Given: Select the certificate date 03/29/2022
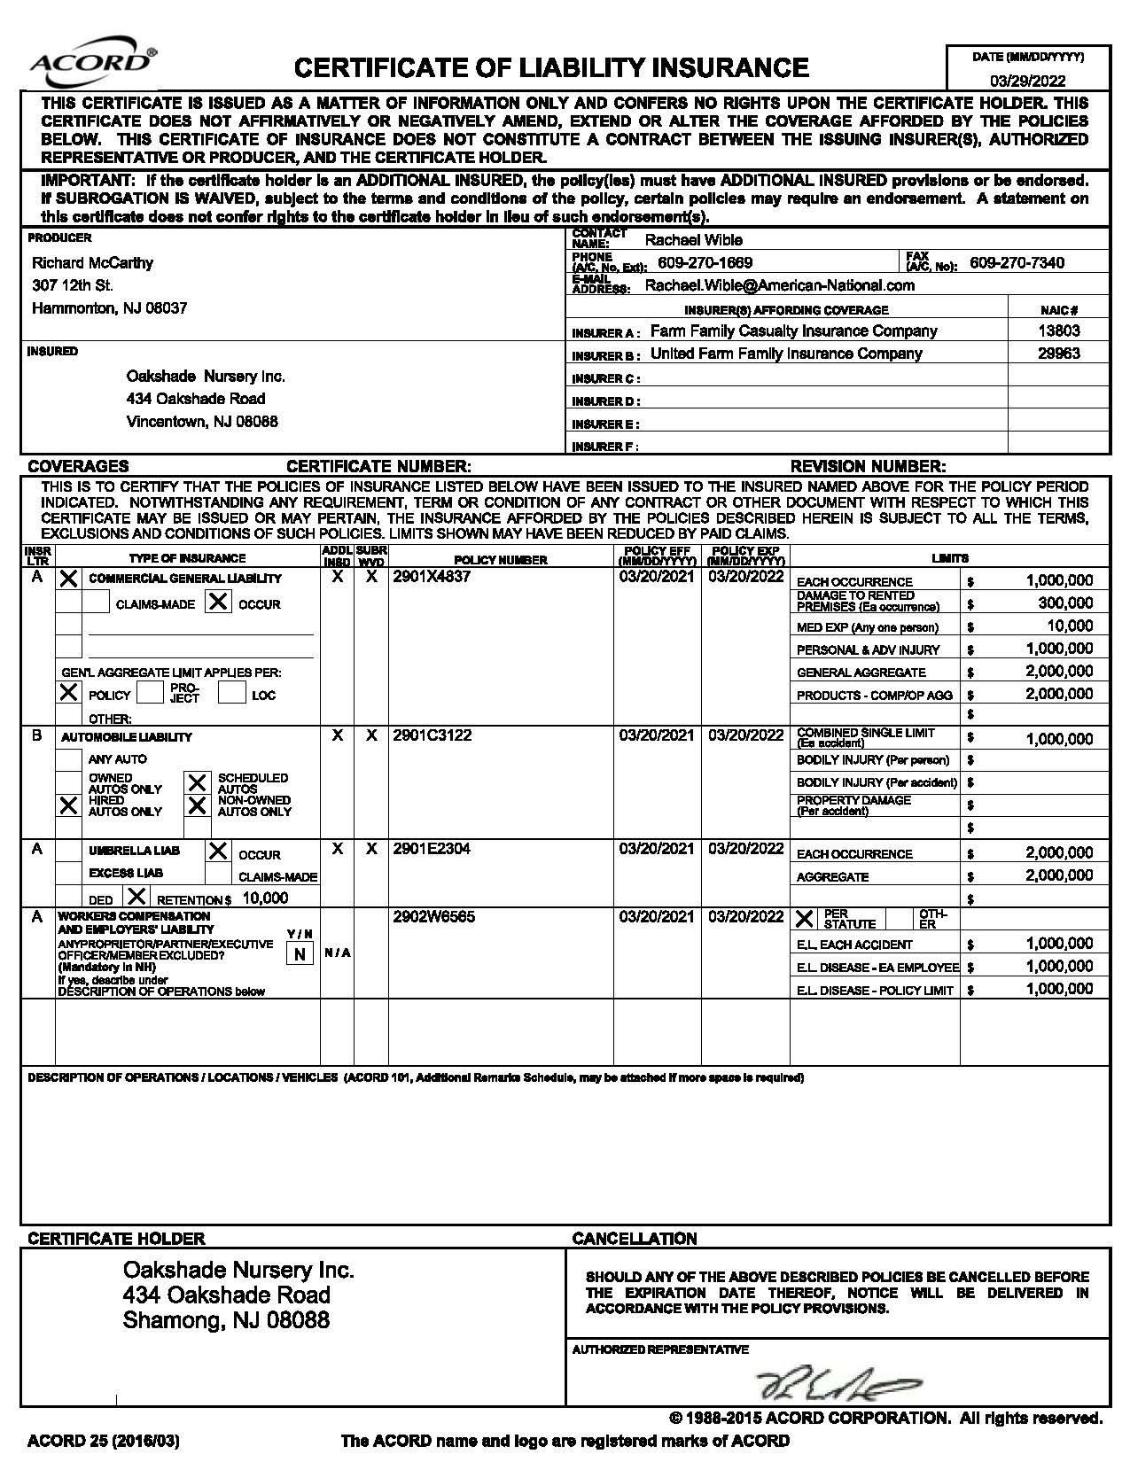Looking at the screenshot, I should click(x=1028, y=81).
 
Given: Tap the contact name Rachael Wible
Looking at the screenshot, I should click(x=693, y=240).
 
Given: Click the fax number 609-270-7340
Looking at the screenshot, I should click(x=1017, y=262).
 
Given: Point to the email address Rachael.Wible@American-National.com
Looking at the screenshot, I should click(x=779, y=285).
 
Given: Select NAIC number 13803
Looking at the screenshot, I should click(x=1059, y=331).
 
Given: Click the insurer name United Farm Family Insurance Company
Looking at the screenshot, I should click(x=786, y=354).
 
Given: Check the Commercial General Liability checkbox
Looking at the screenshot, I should click(x=68, y=579).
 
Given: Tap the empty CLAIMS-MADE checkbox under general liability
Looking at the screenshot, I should click(x=96, y=603).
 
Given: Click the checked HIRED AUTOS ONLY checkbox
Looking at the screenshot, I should click(x=68, y=805).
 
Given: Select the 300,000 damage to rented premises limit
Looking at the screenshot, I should click(x=1065, y=603).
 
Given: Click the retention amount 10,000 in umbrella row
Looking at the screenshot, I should click(x=265, y=898).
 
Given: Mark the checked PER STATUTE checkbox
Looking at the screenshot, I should click(x=804, y=918).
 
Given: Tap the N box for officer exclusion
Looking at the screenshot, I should click(x=300, y=953).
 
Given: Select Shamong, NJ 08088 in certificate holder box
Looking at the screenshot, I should click(x=226, y=1320).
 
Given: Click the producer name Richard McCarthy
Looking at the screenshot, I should click(x=92, y=263).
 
